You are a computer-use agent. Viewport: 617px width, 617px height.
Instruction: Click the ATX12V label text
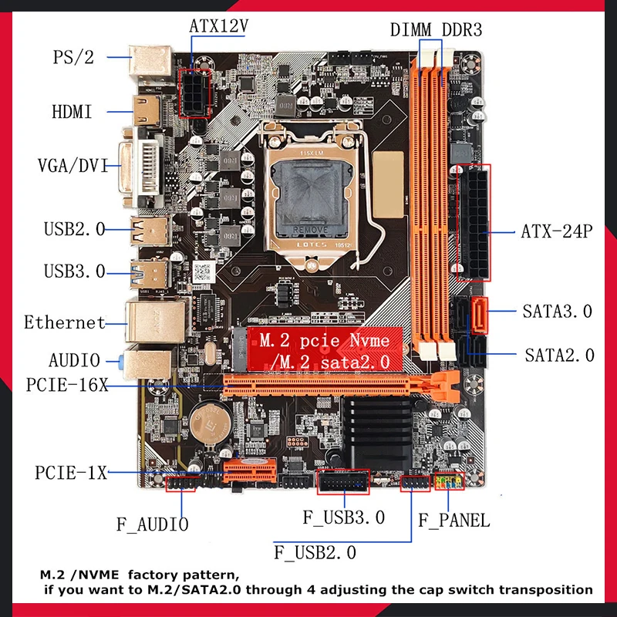218,25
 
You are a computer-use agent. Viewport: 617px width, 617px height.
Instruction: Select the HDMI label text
72,112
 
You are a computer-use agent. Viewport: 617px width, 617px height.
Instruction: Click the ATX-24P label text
556,231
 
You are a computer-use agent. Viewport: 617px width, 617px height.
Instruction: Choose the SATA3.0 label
558,312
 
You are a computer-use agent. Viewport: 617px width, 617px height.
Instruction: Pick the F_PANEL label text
453,520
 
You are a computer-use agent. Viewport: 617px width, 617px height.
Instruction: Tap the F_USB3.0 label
344,517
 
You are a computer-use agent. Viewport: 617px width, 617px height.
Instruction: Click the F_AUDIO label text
152,525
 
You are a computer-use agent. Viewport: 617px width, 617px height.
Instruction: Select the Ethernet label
64,322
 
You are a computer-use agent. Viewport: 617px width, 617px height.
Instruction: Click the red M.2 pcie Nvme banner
324,349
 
